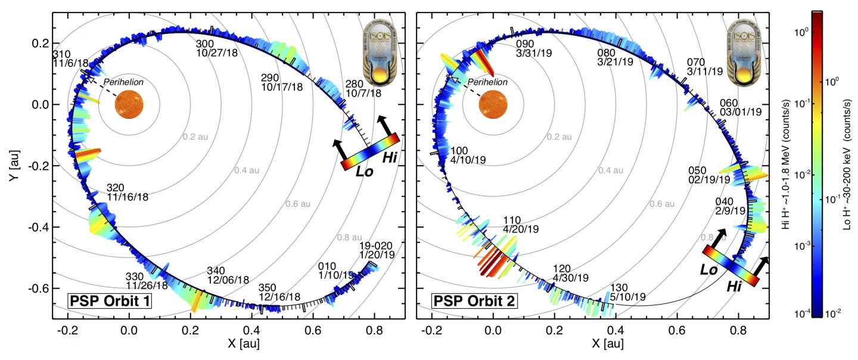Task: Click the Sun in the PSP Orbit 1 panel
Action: (129, 105)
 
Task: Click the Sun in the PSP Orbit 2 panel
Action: (493, 105)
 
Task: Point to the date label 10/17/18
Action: (282, 87)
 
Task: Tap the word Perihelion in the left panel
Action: (123, 82)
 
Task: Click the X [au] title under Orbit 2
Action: (596, 345)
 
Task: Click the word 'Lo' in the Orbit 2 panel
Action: (709, 269)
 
